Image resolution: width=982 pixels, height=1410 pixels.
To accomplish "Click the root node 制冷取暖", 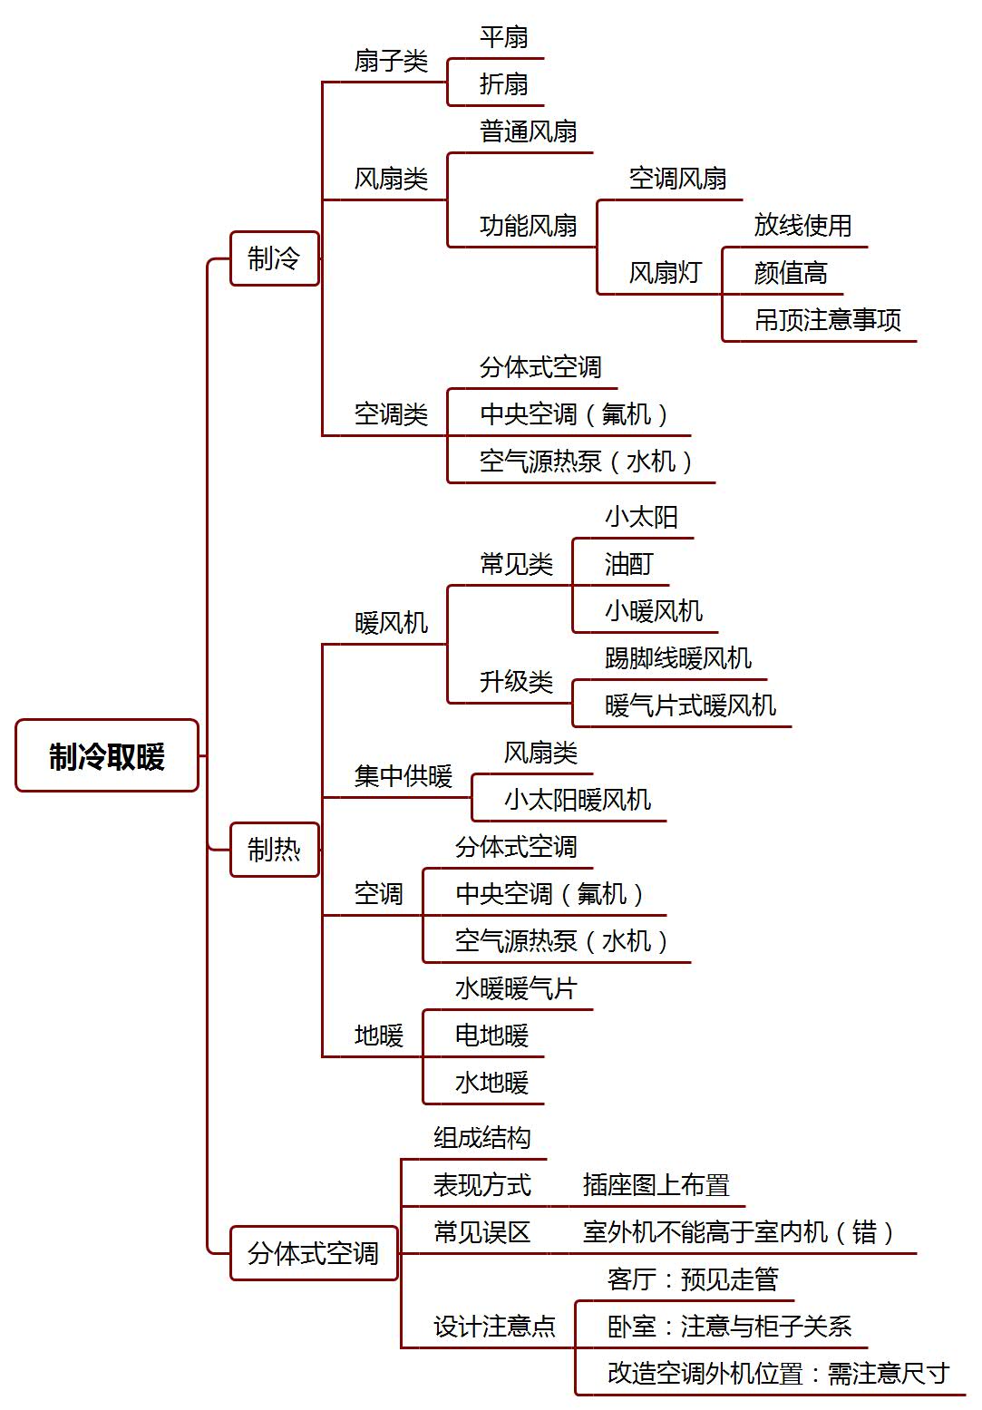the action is coord(107,755).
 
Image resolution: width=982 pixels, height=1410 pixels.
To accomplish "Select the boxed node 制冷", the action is coord(275,258).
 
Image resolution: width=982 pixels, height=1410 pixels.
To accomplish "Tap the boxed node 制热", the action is coord(275,849).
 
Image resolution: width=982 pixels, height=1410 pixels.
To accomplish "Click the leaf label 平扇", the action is coord(503,37).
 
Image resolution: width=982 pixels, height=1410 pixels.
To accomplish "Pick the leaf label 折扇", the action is coord(503,84).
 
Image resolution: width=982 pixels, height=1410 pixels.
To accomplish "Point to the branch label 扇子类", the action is coord(391,61).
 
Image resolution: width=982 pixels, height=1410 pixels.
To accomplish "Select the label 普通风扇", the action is coord(528,131).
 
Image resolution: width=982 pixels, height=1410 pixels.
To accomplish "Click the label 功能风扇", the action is coord(528,226).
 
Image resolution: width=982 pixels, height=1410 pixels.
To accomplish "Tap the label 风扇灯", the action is coord(666,273).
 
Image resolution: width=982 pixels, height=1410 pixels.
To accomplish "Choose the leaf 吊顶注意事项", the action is coord(828,320).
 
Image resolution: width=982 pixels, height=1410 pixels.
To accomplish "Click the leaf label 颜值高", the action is coord(791,273).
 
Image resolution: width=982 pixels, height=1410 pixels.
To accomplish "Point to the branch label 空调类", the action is coord(391,414).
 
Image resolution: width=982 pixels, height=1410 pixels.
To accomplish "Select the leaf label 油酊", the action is coord(629,564).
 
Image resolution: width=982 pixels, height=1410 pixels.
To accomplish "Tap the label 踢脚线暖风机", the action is coord(678,658).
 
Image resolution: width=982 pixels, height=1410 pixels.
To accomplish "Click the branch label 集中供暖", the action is coord(403,775).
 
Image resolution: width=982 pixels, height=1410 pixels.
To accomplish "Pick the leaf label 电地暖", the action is coord(491,1036).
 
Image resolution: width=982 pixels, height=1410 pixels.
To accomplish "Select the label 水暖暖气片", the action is coord(516,988).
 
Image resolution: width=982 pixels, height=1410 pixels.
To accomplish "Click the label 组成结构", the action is coord(482,1137).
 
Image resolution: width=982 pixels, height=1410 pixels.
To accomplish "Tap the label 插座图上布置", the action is coord(656,1184).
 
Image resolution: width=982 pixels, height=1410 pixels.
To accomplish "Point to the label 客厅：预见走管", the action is coord(693,1279).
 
